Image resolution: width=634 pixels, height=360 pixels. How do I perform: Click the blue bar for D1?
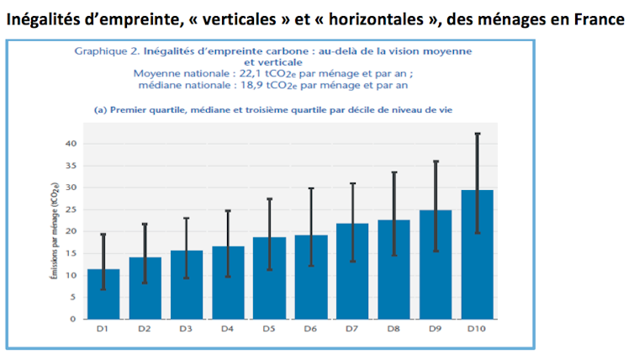point(104,294)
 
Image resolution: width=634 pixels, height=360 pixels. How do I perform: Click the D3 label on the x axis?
point(188,330)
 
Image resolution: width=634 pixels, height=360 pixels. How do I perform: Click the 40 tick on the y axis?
point(71,144)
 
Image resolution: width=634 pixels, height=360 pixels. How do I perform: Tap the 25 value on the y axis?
point(71,209)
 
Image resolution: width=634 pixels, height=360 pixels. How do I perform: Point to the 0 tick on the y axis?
point(74,319)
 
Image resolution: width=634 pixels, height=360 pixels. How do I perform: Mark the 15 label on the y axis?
point(71,253)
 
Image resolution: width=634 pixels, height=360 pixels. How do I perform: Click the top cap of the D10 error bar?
point(478,134)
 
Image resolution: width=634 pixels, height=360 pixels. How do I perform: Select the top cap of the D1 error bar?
point(103,235)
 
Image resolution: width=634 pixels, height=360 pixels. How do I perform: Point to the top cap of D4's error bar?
point(228,210)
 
